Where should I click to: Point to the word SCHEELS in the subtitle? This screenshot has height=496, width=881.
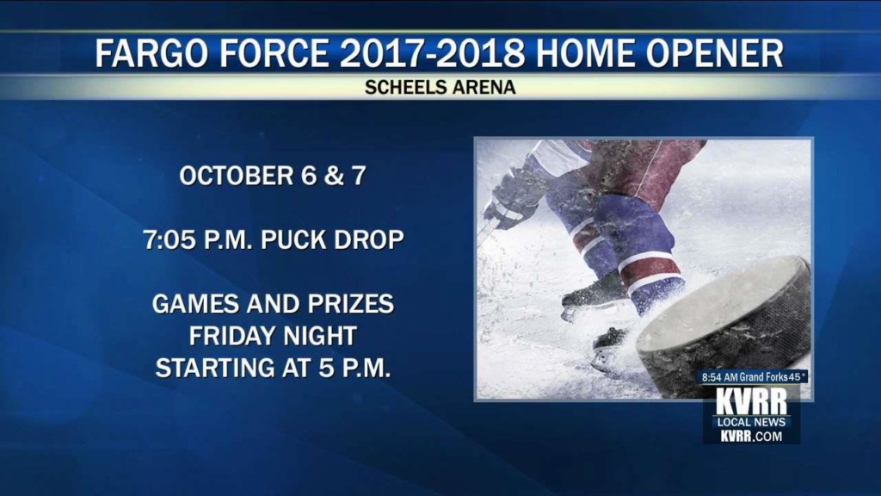(402, 87)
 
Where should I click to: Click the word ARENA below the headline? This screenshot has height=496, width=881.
(480, 87)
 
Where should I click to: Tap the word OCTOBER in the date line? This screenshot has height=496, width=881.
(237, 176)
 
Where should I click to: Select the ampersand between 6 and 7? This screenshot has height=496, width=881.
(334, 176)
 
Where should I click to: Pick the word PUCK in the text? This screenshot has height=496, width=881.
(293, 239)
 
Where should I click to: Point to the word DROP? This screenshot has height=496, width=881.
(369, 239)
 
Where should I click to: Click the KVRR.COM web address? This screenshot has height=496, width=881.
(752, 436)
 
